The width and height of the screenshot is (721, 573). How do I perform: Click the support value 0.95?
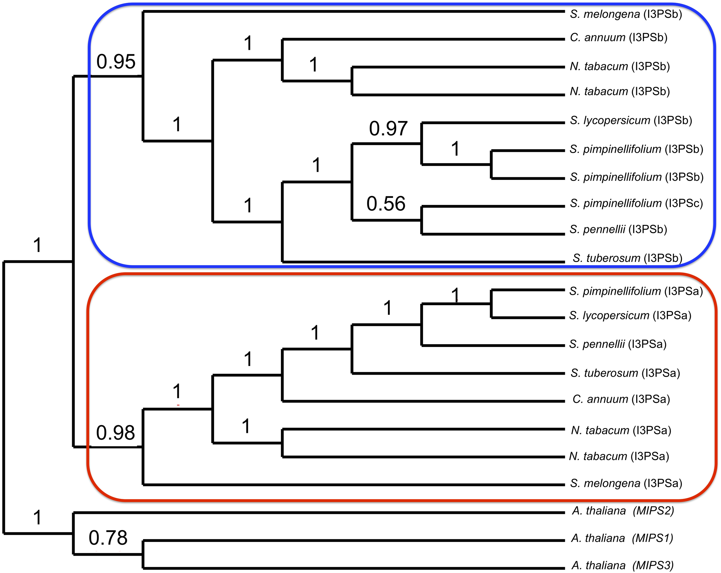[x=116, y=62]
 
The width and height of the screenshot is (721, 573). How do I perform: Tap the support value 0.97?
[x=388, y=129]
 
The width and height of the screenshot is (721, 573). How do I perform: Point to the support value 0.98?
[x=115, y=433]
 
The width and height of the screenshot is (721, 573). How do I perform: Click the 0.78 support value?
[x=108, y=538]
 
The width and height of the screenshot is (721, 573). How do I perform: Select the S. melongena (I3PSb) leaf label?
[x=626, y=14]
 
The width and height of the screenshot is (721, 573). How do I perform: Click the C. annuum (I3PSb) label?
[x=619, y=37]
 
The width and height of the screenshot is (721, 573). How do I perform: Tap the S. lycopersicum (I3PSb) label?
[x=631, y=120]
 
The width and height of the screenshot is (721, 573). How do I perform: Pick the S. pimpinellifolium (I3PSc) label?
[x=636, y=203]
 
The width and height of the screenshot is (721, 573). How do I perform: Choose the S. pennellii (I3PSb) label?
[x=618, y=229]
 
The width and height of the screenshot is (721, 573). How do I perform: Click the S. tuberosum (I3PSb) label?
[x=627, y=258]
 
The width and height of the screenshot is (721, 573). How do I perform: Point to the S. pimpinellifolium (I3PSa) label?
[x=636, y=291]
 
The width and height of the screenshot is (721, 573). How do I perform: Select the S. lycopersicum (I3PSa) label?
[x=630, y=316]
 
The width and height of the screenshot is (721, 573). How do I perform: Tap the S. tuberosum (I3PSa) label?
[x=625, y=373]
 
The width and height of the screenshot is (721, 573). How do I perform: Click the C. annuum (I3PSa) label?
[x=621, y=399]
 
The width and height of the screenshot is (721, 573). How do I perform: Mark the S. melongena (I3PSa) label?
[x=626, y=483]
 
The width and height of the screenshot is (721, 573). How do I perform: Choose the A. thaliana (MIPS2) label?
[x=623, y=511]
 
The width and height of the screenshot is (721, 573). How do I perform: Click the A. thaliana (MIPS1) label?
[x=622, y=538]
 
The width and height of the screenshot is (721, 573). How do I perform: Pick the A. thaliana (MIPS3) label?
[x=622, y=565]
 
